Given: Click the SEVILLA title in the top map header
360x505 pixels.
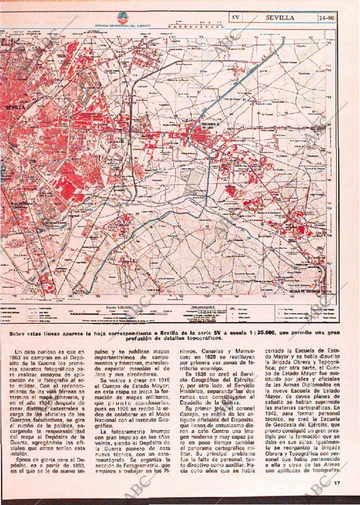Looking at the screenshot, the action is tap(280, 17).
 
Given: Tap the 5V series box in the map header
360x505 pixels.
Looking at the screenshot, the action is tap(235, 17).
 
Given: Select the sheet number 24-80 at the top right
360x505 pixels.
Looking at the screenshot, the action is tap(326, 17).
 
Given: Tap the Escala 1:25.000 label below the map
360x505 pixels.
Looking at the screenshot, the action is tap(116, 308).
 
